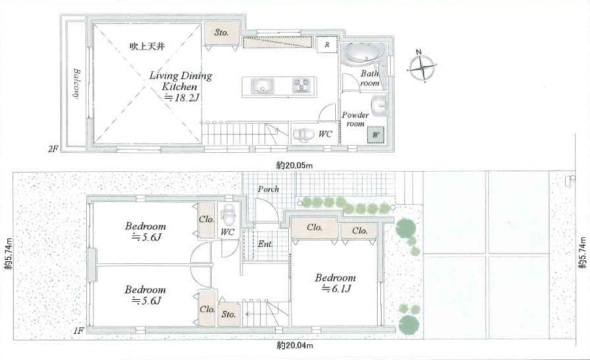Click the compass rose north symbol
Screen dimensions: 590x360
422,66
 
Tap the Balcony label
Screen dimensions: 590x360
76,84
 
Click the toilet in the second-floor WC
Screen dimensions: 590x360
304,135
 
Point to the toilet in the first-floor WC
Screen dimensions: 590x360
228,215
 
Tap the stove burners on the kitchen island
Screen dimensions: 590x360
301,86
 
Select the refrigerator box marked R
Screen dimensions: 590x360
327,44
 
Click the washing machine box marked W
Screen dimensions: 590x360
376,135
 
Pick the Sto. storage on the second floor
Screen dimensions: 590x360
221,33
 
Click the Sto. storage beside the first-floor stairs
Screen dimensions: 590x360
229,314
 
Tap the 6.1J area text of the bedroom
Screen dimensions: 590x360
336,289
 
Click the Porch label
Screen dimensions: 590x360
269,189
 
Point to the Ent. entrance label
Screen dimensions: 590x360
265,244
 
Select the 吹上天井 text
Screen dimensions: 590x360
147,46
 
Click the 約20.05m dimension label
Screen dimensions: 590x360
295,165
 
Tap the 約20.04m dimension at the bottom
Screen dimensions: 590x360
295,345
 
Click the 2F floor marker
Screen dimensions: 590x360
53,149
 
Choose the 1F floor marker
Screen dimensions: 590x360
78,331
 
